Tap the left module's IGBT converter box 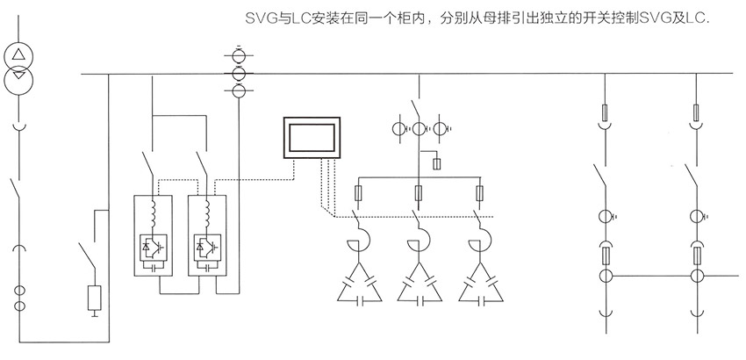(x=154, y=248)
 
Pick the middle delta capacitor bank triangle (x=420, y=280)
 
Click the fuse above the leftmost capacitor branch (x=355, y=192)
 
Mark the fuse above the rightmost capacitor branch (x=478, y=192)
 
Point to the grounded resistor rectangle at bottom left (x=94, y=298)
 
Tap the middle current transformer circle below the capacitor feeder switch (x=420, y=131)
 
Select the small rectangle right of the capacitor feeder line (x=436, y=162)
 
